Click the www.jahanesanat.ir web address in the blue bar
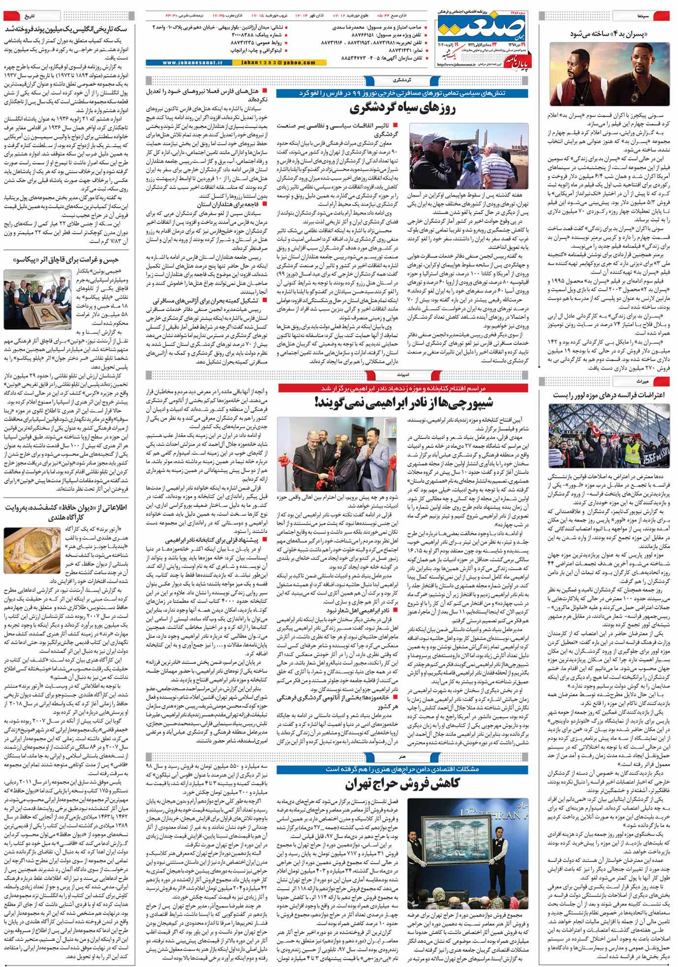pyautogui.click(x=192, y=63)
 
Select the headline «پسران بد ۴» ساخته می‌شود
pyautogui.click(x=608, y=34)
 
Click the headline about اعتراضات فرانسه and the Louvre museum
pyautogui.click(x=609, y=395)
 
